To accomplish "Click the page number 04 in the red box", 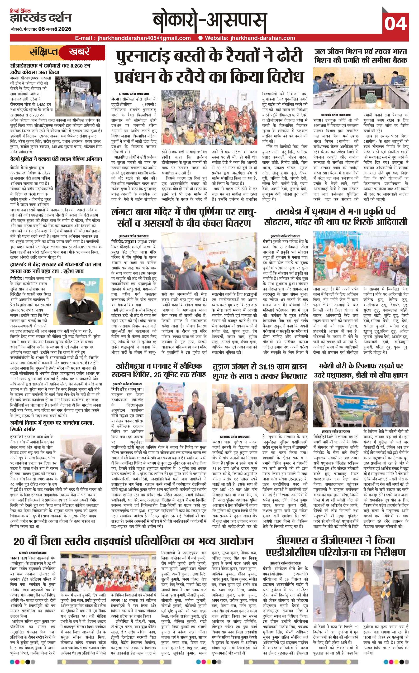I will (x=395, y=23).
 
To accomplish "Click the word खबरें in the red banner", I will (x=80, y=52).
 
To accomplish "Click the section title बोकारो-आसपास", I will (x=209, y=22).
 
